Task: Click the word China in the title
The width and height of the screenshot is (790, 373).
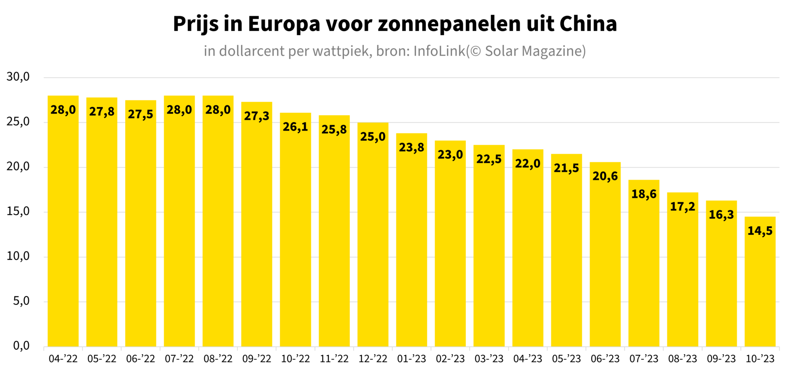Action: (588, 24)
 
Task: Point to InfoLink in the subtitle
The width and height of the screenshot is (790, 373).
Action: (439, 51)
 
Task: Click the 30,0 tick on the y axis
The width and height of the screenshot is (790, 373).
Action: (18, 77)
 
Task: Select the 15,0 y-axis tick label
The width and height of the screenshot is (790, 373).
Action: (18, 211)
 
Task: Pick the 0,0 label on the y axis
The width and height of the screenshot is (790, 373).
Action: (21, 346)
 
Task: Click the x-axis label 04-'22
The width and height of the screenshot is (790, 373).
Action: (63, 359)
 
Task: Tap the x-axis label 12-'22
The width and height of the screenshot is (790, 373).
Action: (373, 359)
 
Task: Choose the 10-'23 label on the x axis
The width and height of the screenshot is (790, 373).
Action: (760, 359)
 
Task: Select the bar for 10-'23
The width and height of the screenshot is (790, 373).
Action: (760, 288)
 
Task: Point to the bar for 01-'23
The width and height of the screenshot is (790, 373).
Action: (411, 247)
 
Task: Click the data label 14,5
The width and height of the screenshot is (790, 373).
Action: (760, 231)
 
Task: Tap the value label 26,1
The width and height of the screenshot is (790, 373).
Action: (295, 127)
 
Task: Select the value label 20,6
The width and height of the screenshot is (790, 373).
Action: (605, 176)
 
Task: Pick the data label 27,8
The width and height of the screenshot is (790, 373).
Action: (102, 112)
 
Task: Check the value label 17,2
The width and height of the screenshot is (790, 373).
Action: (683, 207)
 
